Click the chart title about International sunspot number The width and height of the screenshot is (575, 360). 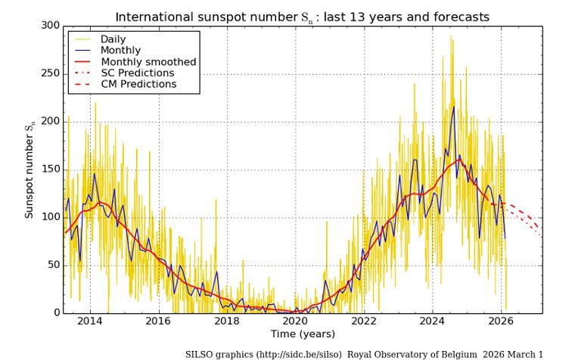tap(302, 17)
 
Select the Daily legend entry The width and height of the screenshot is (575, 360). tap(113, 39)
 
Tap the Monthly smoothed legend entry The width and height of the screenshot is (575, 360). tap(148, 61)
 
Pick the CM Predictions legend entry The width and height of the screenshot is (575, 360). tap(138, 84)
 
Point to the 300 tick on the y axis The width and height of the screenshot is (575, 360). tap(50, 26)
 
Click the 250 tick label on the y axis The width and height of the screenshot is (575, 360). tap(50, 73)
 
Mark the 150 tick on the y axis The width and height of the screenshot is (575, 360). tap(50, 169)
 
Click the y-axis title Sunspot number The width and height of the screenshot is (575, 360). tap(30, 169)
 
